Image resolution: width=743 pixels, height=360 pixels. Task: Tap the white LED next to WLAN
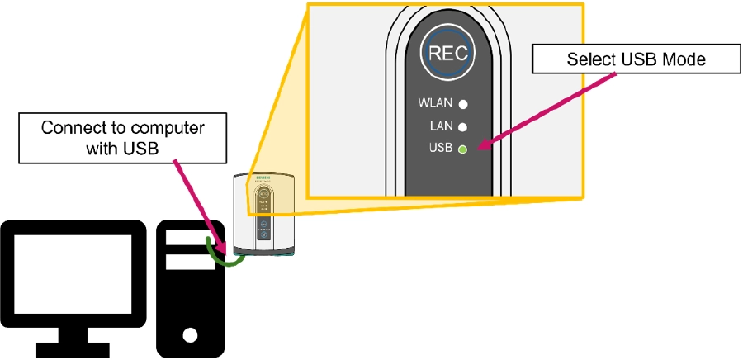[x=463, y=105]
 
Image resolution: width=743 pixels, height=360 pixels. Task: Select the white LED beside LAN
[x=463, y=127]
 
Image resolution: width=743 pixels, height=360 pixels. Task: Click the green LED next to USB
[x=463, y=149]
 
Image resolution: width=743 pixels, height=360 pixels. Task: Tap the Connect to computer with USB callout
[x=122, y=137]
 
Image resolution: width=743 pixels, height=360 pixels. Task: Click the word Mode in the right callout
[x=687, y=59]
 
